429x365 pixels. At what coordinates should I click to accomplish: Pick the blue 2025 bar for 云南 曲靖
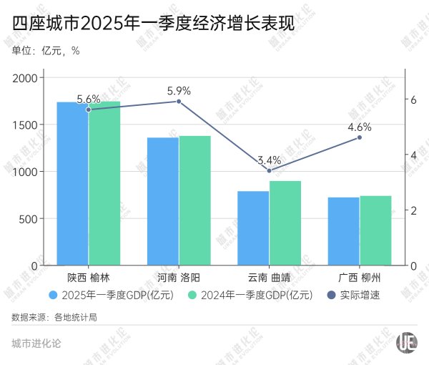tap(253, 228)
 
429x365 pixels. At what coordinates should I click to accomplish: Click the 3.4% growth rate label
tap(269, 160)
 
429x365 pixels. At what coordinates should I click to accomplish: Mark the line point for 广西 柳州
tap(360, 137)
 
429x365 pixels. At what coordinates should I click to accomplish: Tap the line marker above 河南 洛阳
tap(179, 102)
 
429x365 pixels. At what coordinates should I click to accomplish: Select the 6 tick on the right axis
tap(413, 99)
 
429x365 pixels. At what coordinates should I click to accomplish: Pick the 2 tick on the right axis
tap(413, 210)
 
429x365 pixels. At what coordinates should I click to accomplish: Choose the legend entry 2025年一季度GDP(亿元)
tap(107, 295)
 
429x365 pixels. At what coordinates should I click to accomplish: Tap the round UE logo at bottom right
tap(408, 342)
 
